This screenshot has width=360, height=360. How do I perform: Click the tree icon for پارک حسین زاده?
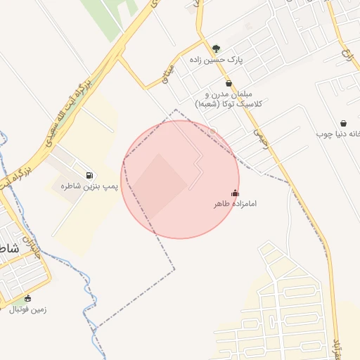216,49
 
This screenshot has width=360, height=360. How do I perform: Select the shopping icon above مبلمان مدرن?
229,83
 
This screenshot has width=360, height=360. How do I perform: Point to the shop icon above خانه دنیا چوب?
343,123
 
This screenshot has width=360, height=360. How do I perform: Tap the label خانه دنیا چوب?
338,133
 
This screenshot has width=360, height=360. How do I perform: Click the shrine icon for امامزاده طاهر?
235,193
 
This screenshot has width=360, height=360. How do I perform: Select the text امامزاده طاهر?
236,203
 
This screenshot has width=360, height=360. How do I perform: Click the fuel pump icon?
89,174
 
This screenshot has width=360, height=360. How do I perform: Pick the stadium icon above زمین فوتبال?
28,298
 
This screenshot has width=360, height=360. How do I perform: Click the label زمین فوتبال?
27,309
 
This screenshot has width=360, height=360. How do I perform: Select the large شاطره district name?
8,249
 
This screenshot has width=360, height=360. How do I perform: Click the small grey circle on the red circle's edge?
212,131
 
